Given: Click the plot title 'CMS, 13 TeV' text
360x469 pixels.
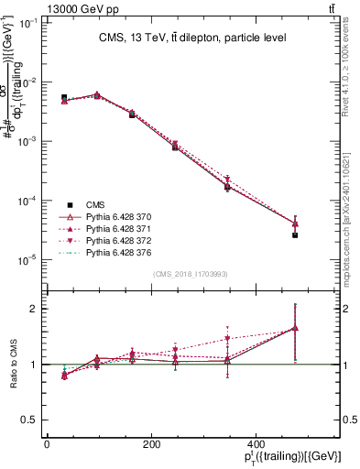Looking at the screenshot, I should pyautogui.click(x=192, y=38).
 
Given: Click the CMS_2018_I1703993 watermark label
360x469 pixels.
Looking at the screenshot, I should pyautogui.click(x=191, y=274).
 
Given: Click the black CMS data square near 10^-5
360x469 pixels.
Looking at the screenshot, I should pyautogui.click(x=295, y=235).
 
